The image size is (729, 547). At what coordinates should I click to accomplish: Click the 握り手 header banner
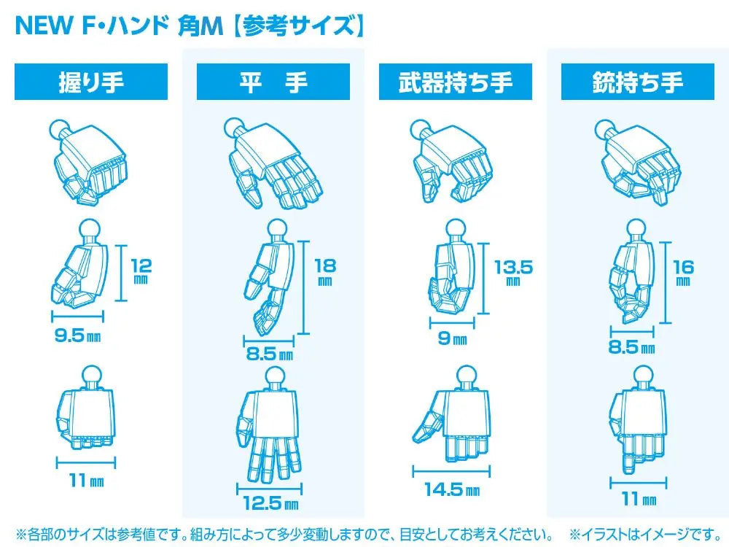click(x=91, y=82)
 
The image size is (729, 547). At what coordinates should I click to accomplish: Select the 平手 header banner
click(x=273, y=82)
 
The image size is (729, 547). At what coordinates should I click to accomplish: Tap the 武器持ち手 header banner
click(x=456, y=82)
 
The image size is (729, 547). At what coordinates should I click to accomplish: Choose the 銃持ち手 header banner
click(x=638, y=82)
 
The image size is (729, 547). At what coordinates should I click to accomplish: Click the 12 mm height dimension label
click(x=141, y=271)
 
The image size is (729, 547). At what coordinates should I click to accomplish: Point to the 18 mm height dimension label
click(x=325, y=271)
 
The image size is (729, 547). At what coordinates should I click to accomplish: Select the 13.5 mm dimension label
click(x=513, y=272)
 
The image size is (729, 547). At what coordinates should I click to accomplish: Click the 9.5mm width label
click(x=77, y=335)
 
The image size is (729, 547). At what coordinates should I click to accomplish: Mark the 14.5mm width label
click(x=452, y=489)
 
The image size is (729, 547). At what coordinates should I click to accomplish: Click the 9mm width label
click(x=453, y=338)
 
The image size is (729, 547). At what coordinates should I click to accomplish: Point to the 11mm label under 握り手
click(x=87, y=480)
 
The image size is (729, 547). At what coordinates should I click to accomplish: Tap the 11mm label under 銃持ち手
click(x=639, y=499)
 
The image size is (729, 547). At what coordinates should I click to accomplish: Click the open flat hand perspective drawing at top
click(x=273, y=163)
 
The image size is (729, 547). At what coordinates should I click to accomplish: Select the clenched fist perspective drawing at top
click(x=88, y=161)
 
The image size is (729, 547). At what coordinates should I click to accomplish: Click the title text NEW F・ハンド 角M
click(x=120, y=26)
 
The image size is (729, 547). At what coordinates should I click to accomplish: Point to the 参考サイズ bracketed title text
click(x=297, y=26)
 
